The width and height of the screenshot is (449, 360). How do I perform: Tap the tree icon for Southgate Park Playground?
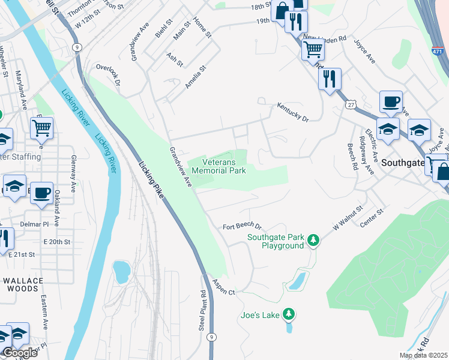313,241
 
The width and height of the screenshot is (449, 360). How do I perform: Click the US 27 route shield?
350,104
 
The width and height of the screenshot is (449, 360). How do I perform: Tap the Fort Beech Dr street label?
243,227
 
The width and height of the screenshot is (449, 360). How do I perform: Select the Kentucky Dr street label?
292,112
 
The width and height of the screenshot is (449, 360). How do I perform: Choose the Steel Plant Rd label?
203,311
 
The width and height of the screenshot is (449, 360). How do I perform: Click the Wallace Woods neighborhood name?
23,284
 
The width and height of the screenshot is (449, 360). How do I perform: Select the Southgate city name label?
402,162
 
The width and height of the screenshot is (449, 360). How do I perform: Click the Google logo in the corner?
19,353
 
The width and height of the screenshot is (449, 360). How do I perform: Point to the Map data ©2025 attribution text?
423,355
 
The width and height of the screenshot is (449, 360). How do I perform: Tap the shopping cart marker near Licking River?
41,127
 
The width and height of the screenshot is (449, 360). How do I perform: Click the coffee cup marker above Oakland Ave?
41,193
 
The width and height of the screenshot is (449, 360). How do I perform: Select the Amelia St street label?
195,77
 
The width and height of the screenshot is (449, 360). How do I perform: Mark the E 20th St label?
56,242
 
